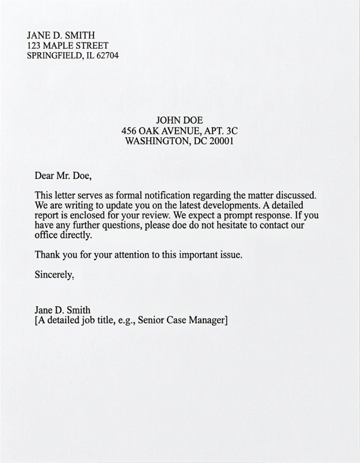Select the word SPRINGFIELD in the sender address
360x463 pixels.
pos(53,55)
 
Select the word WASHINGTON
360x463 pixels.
pos(156,140)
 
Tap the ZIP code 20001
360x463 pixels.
pos(220,140)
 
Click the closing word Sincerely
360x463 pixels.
pos(53,275)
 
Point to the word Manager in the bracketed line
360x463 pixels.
pos(205,320)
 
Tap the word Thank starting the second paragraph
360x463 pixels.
pos(48,254)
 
